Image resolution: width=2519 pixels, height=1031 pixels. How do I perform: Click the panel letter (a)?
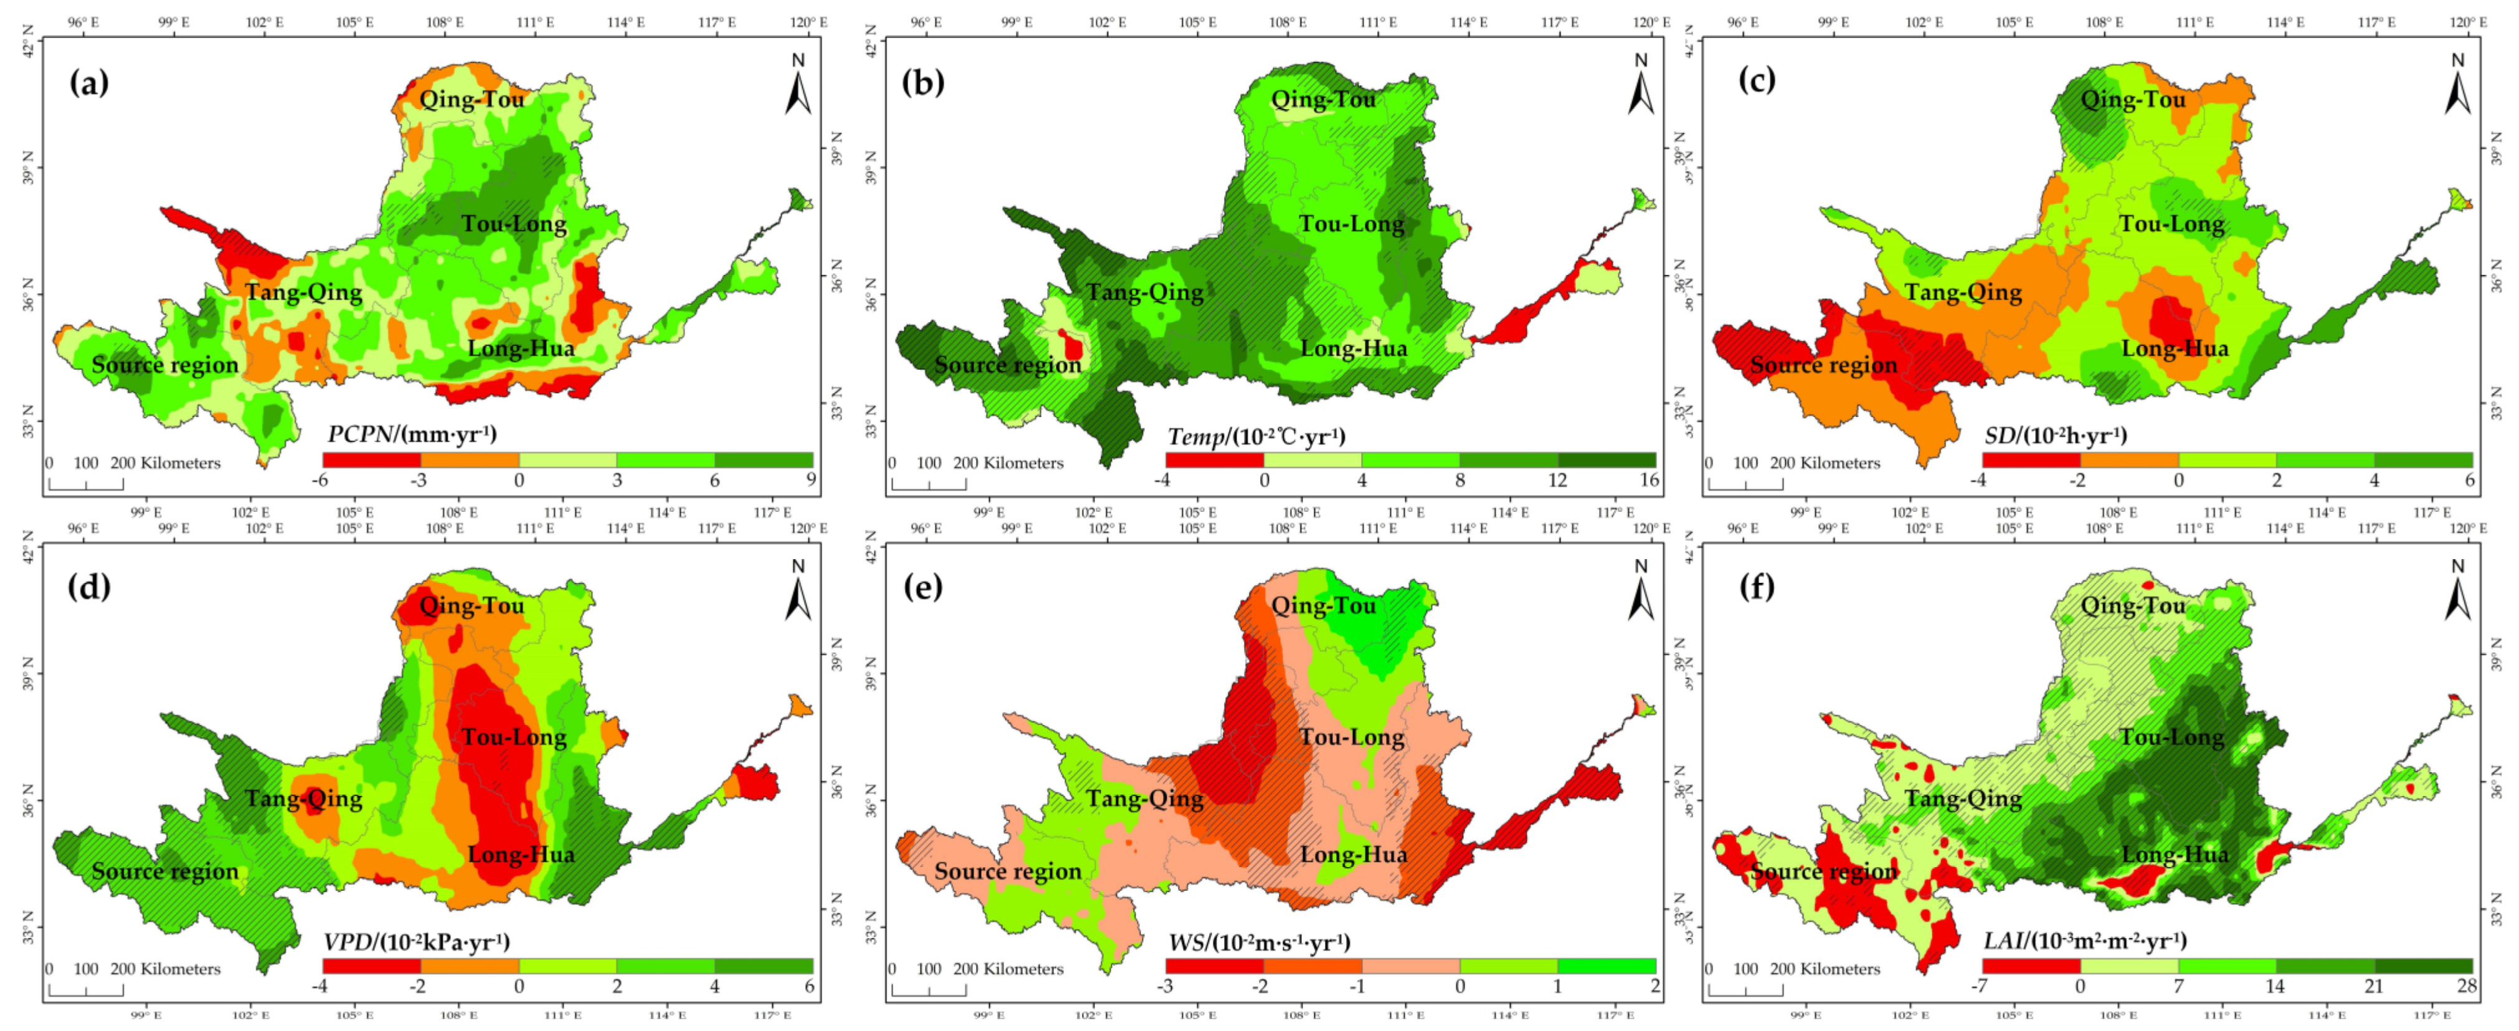89,82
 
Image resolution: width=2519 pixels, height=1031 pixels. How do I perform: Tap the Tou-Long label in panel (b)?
1352,224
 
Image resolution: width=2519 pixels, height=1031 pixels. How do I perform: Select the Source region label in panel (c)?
1823,365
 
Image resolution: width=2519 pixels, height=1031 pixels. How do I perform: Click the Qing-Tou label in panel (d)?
472,605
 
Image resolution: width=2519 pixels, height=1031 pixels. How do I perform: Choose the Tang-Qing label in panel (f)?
1963,798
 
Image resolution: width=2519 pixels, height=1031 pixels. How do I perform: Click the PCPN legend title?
412,433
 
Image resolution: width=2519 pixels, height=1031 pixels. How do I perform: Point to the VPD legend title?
415,941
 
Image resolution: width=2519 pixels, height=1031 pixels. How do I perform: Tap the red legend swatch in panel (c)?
2031,460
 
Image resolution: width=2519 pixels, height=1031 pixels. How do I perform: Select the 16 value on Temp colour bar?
1649,481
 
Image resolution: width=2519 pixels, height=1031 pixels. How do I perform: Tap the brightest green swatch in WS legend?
1606,966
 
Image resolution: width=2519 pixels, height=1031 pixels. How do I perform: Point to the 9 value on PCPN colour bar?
810,481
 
